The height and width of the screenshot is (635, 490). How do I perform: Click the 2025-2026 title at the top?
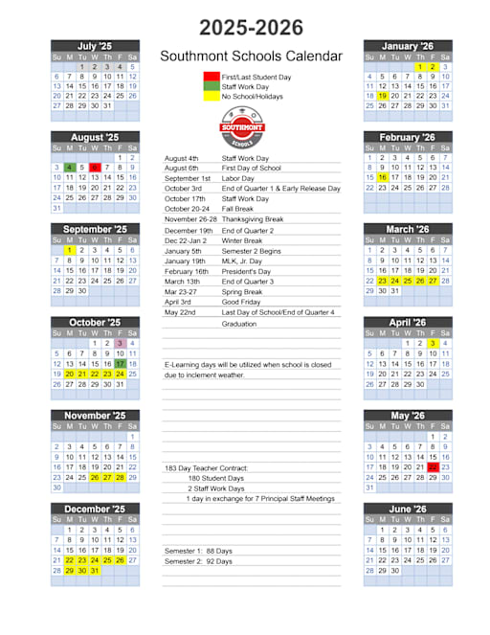tap(251, 27)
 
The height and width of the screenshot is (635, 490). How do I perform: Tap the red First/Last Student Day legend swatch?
tap(211, 76)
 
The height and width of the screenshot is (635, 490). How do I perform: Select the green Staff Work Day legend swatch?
tap(211, 86)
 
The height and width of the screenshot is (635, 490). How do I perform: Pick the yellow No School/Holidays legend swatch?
tap(211, 97)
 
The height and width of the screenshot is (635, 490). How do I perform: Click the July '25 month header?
tap(95, 46)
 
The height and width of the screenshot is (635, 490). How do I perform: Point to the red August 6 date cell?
tap(95, 168)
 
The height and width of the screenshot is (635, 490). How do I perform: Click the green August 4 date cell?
tap(70, 168)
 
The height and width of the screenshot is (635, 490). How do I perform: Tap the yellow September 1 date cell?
tap(70, 251)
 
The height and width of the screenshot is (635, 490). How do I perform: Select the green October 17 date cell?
tap(120, 364)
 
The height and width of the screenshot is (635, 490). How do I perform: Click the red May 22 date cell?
tap(433, 467)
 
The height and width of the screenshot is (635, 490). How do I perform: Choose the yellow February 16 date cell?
tap(383, 177)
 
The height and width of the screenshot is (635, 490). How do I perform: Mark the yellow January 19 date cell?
tap(383, 96)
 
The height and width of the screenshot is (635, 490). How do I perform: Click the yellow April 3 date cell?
tap(433, 343)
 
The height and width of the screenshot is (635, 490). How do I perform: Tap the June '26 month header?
tap(407, 510)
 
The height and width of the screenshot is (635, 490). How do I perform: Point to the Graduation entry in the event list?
tap(239, 324)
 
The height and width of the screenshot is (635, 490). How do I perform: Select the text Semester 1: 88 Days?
tap(198, 551)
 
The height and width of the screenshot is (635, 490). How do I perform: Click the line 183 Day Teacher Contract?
tap(207, 467)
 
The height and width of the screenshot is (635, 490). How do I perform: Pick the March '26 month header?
tap(407, 230)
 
